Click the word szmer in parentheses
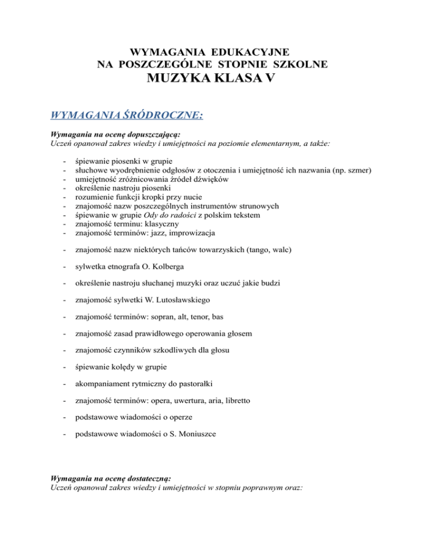(359, 170)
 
